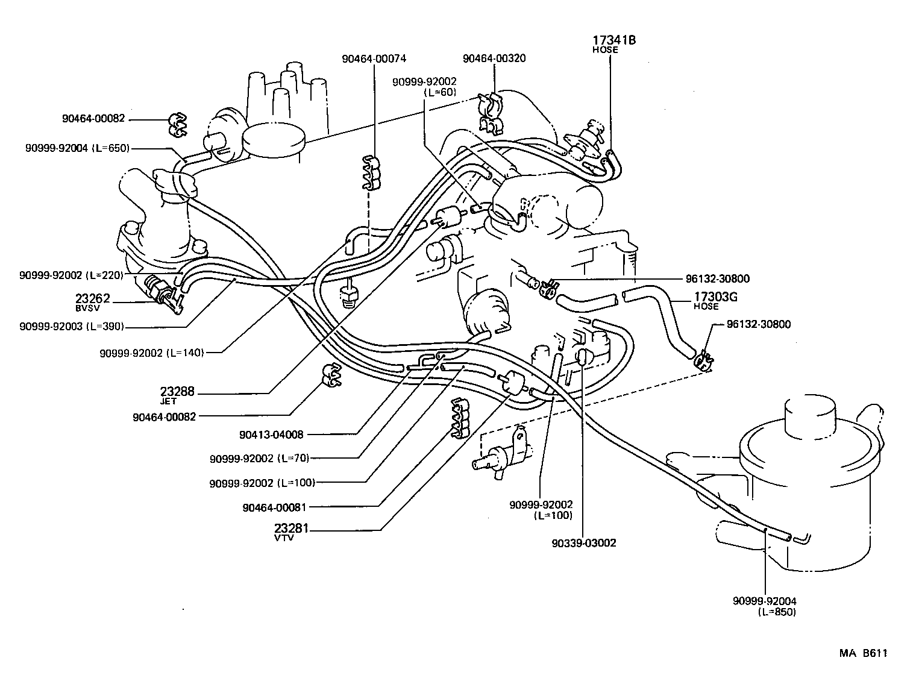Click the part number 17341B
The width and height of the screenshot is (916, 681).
(615, 40)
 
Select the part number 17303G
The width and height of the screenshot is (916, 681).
(715, 297)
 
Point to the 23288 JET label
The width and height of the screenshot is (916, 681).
(177, 392)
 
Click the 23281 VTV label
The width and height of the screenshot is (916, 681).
(292, 529)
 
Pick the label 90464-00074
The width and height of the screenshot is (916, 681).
(374, 58)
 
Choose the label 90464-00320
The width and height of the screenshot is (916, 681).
(494, 58)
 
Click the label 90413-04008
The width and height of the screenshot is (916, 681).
(271, 434)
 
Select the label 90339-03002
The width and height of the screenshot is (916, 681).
(583, 543)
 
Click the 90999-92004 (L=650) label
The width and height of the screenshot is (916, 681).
(78, 148)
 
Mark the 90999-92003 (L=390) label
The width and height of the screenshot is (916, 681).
(72, 326)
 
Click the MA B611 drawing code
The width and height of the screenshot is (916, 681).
(864, 653)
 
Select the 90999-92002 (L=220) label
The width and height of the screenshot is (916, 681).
(71, 275)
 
